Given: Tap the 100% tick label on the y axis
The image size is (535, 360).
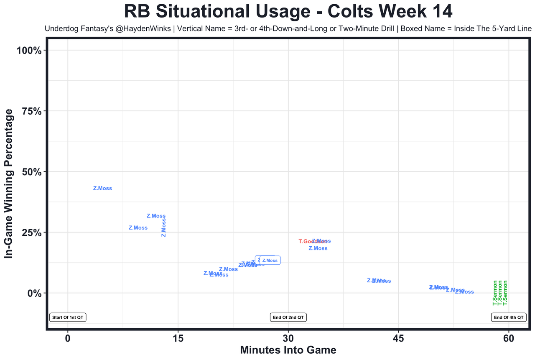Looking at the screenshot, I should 29,51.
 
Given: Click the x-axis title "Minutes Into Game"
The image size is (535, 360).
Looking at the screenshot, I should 288,350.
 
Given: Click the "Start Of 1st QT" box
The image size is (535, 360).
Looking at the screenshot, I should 68,317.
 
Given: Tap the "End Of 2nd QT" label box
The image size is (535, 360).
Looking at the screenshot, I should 288,317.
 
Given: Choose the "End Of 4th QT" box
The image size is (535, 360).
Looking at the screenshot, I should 509,317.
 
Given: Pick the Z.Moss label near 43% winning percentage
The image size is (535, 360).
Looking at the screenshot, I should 102,189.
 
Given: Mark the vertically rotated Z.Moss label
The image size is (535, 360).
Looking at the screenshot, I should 164,227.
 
